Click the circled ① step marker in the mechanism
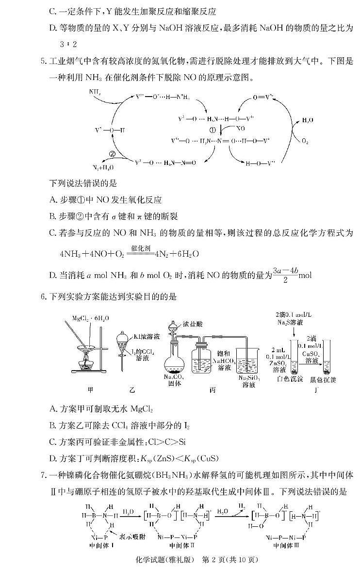(212, 130)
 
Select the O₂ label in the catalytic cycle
(305, 141)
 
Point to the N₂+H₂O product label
(103, 167)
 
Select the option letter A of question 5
(53, 199)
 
